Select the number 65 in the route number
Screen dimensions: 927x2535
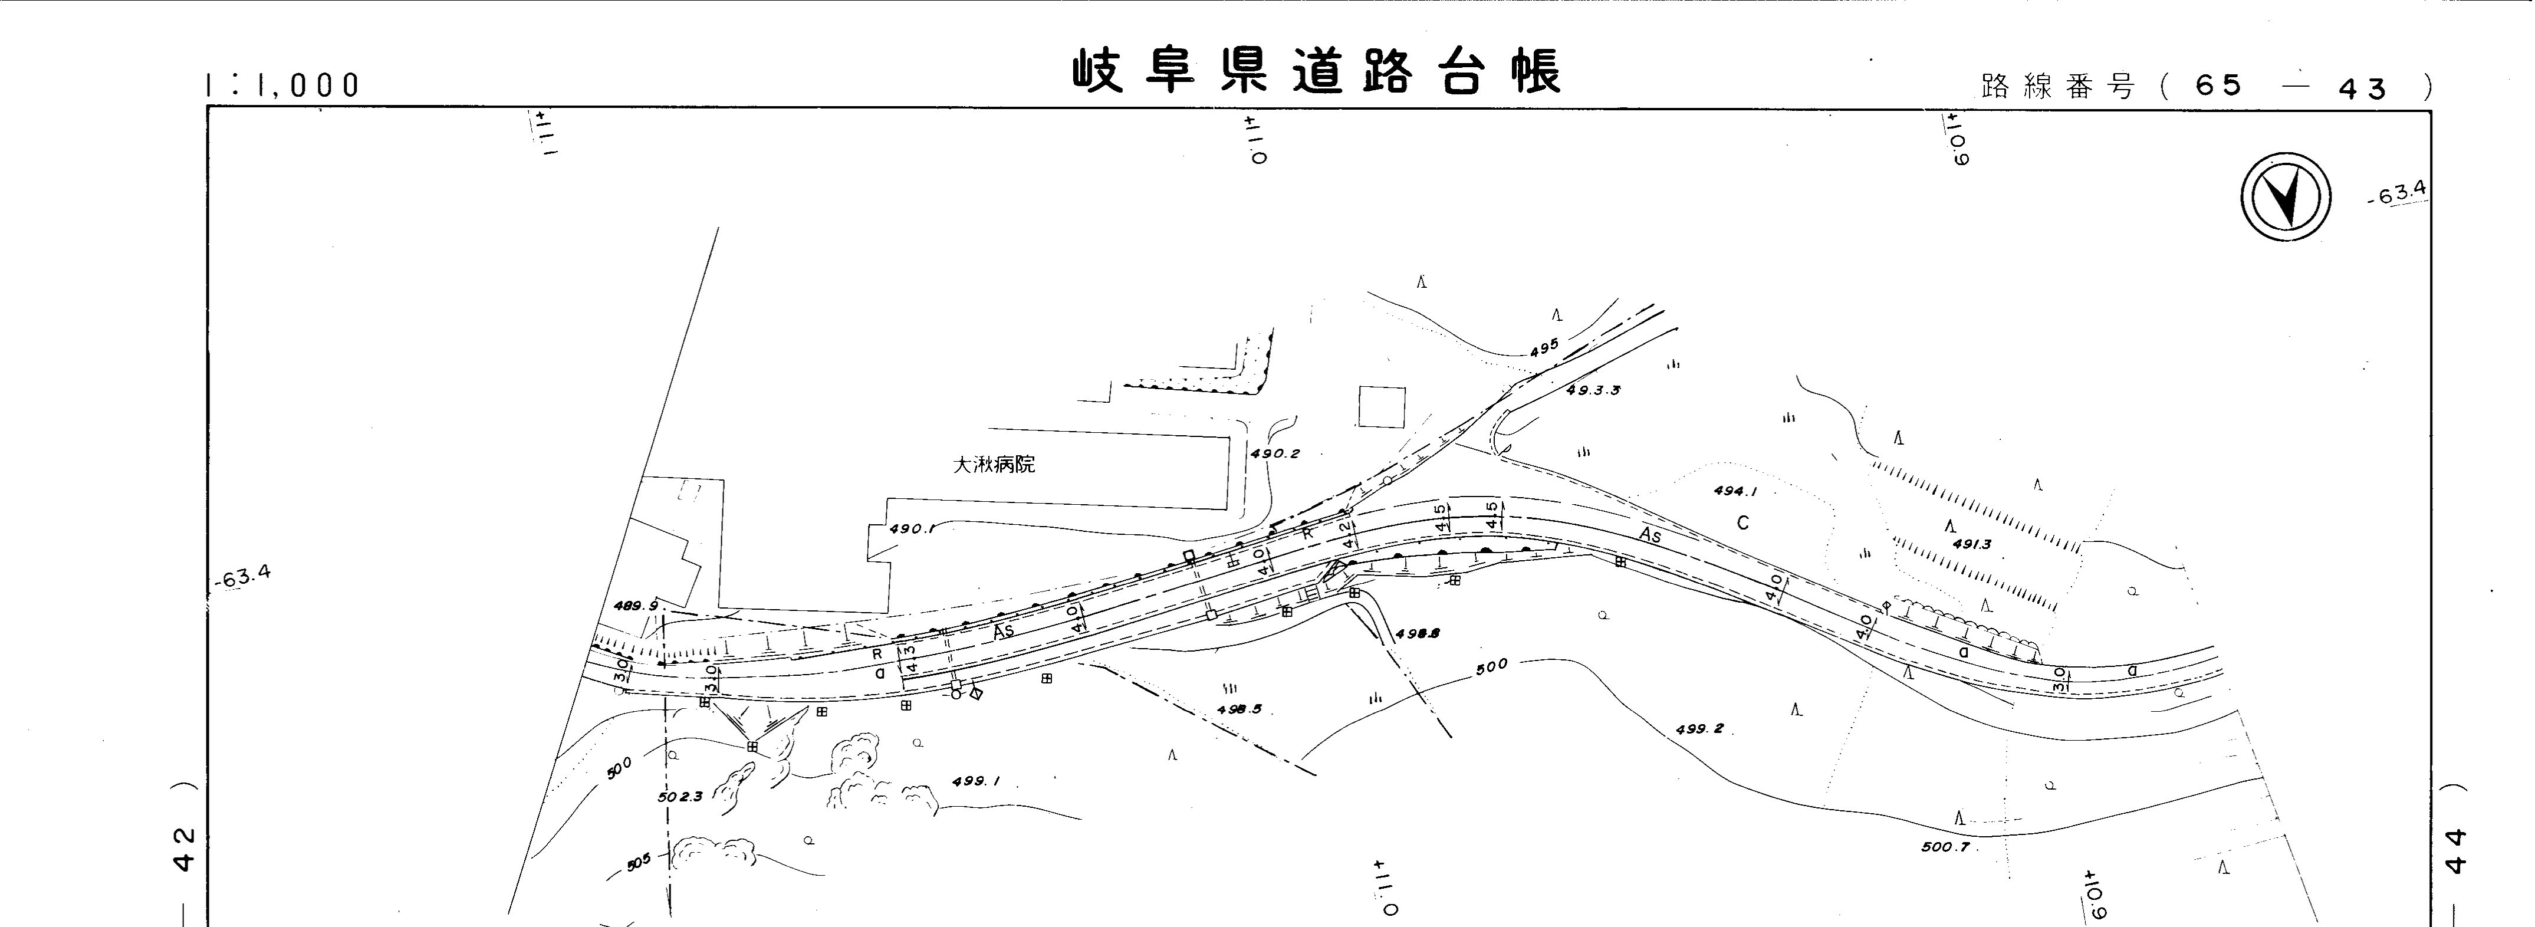click(x=2218, y=87)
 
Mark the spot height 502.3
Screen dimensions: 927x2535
click(x=680, y=796)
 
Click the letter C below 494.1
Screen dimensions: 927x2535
click(x=1743, y=522)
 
